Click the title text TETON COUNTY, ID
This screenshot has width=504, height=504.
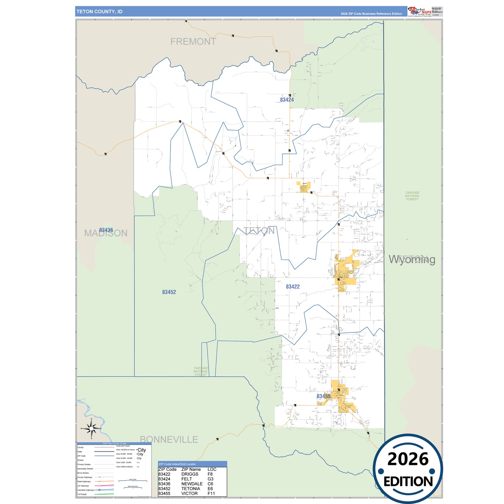pos(99,12)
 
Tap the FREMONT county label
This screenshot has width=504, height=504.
pos(193,42)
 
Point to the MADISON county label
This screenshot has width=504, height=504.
pos(106,233)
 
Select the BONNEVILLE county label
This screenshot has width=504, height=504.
pos(169,439)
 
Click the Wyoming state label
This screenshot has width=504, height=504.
pos(412,259)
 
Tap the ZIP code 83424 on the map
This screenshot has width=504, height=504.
pos(287,100)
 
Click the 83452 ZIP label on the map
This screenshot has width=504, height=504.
pos(169,292)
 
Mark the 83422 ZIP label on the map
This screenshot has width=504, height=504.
pos(293,287)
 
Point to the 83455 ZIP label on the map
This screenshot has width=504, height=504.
pos(323,396)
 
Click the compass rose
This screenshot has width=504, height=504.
pos(91,428)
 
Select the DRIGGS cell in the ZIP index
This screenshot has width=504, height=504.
pos(190,474)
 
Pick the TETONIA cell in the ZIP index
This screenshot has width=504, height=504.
pos(191,489)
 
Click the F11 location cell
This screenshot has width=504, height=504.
pos(211,494)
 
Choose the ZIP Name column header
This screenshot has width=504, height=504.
pos(191,469)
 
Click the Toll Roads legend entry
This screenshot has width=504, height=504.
pos(82,494)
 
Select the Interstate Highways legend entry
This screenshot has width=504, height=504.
pos(86,490)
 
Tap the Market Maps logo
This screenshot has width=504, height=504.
pos(420,11)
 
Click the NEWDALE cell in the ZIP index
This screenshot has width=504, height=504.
pos(192,484)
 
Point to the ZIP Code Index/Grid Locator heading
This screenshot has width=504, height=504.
pos(177,464)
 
